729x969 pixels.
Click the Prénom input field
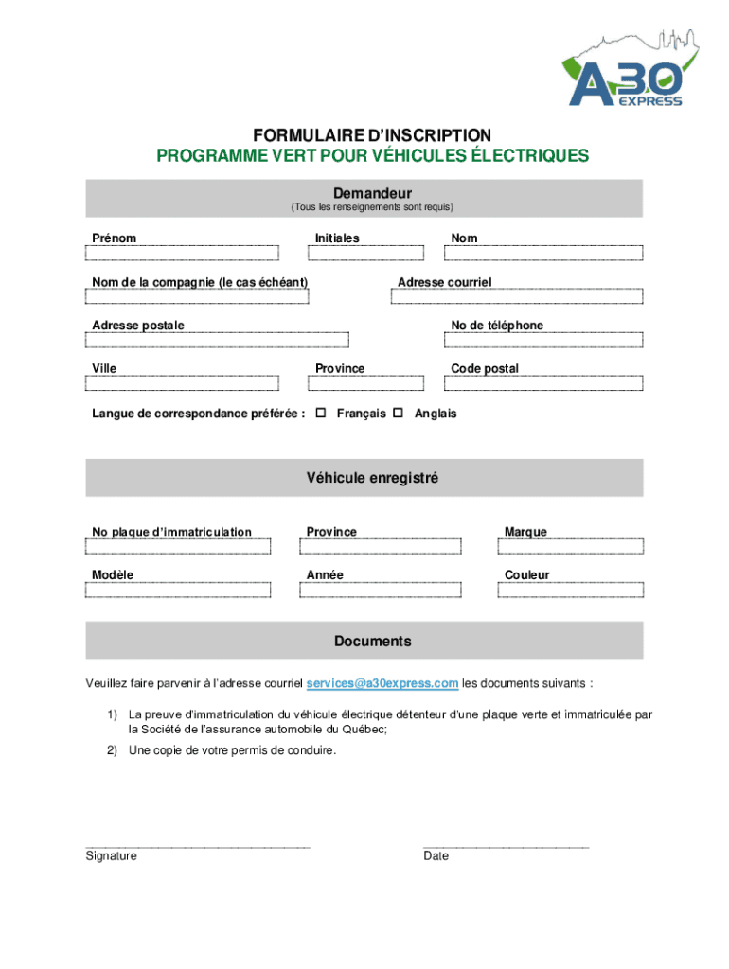tap(182, 253)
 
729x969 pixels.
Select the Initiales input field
tap(365, 253)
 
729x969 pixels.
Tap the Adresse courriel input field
tap(517, 296)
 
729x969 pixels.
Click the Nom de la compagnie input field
tap(197, 296)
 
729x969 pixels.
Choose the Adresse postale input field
tap(217, 340)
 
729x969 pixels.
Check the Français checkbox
tap(320, 414)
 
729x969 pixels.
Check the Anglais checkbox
tap(398, 414)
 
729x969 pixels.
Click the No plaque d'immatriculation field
tap(178, 546)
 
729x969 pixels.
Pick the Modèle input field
tap(178, 590)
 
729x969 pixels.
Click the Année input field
tap(381, 590)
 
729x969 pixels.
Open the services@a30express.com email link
tap(382, 683)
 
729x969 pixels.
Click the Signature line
tap(197, 843)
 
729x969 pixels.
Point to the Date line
tap(506, 843)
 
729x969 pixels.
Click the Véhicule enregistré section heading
tap(372, 479)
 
